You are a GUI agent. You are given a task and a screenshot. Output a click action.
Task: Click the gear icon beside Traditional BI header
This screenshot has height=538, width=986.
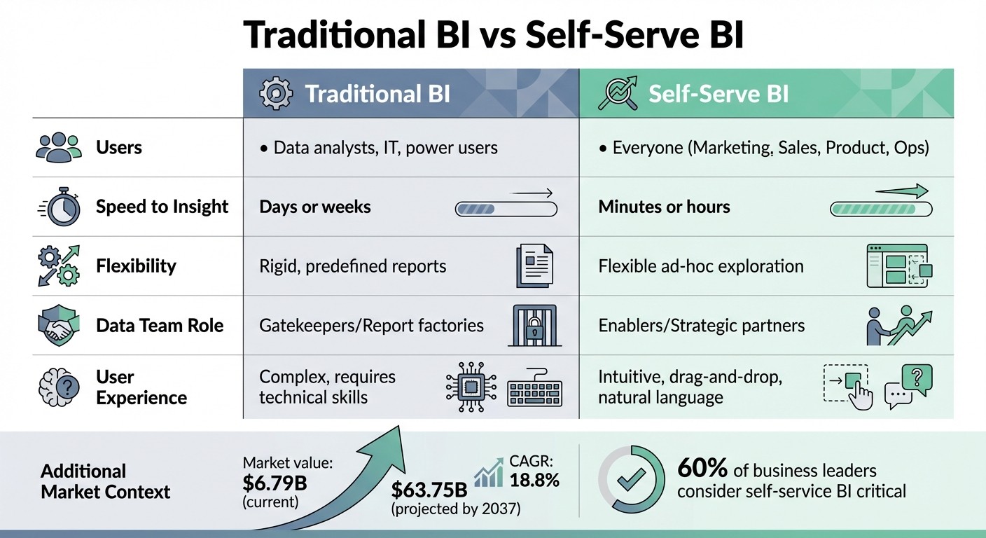(276, 94)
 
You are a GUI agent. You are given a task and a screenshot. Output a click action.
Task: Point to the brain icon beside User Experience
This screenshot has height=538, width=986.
(58, 387)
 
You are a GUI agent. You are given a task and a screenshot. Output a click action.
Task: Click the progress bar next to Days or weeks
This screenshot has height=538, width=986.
(506, 208)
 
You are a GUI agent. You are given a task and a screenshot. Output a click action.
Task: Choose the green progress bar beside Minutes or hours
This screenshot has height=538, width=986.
(880, 208)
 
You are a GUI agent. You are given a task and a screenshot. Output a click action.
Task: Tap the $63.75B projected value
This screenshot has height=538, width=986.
(428, 488)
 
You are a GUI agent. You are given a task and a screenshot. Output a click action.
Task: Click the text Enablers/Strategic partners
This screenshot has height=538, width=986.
(701, 326)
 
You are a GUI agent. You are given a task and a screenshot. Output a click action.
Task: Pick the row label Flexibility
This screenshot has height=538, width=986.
(136, 266)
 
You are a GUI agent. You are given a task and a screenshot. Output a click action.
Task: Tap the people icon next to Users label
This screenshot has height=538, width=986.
(58, 148)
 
